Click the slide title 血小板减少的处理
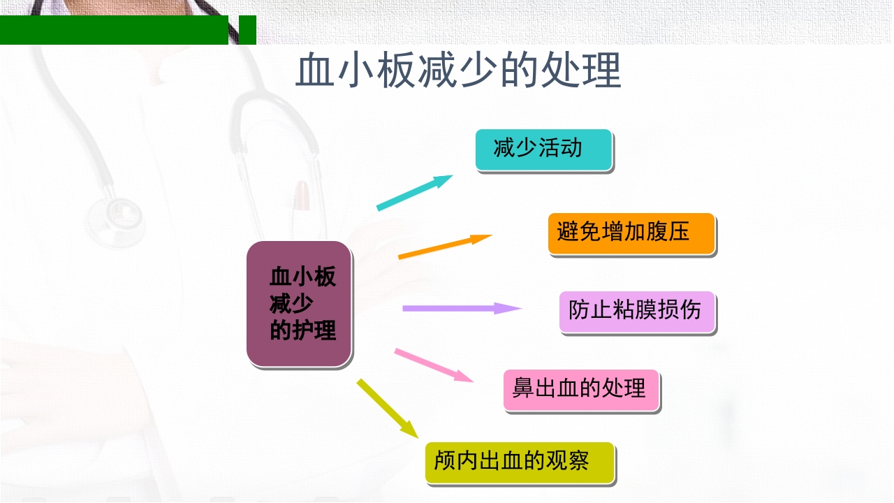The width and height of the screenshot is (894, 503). click(458, 71)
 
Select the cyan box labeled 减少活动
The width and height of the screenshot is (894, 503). click(543, 150)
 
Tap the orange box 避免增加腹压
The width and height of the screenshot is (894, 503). click(631, 233)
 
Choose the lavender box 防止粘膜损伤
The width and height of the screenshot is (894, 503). click(637, 312)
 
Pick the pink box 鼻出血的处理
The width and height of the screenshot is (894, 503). click(580, 390)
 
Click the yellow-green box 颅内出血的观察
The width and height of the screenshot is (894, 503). click(519, 462)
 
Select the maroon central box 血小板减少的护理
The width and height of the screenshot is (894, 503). click(299, 304)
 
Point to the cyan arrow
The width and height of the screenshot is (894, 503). click(415, 192)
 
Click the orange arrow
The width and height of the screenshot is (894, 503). click(445, 246)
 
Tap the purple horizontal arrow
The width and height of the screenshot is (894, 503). click(462, 308)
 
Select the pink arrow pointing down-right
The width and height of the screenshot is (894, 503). click(434, 365)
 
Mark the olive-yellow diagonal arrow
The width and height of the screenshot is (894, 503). click(387, 408)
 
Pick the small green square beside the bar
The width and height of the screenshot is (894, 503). click(248, 30)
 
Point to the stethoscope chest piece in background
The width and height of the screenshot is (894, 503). click(115, 217)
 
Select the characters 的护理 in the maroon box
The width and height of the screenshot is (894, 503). click(303, 330)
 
